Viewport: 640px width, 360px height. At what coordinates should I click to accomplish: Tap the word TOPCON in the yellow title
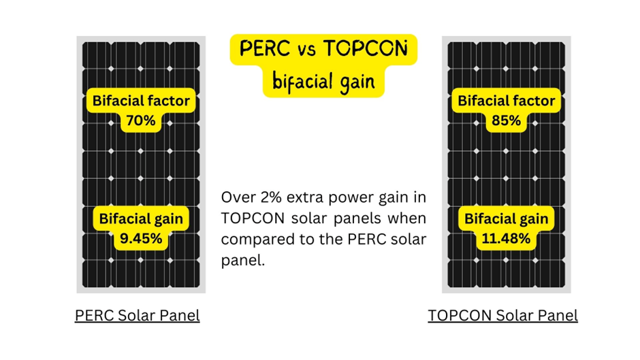[x=365, y=49]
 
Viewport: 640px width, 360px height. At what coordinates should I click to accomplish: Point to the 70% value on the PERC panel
[x=141, y=121]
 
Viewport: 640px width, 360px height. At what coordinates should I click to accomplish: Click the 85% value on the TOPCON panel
[x=506, y=121]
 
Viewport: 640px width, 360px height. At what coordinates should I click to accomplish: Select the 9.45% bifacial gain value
[x=141, y=239]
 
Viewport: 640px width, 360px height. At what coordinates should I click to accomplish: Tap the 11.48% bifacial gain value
[x=506, y=239]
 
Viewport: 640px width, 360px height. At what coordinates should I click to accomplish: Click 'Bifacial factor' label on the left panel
[x=141, y=101]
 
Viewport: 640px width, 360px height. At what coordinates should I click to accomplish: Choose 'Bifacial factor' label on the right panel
[x=506, y=101]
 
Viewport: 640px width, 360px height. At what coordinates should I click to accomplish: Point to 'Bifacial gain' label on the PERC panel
[x=141, y=219]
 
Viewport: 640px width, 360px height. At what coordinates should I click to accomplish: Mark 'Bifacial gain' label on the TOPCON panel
[x=506, y=219]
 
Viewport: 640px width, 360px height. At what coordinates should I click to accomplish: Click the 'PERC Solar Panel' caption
[x=137, y=316]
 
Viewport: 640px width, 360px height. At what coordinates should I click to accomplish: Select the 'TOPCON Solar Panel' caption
[x=502, y=316]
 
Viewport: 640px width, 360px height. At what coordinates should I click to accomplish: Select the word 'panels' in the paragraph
[x=360, y=218]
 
